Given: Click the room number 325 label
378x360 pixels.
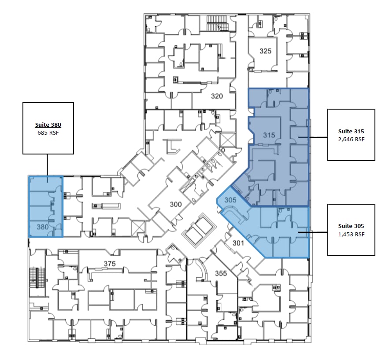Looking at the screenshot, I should [265, 51].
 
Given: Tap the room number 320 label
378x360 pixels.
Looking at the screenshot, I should [217, 96].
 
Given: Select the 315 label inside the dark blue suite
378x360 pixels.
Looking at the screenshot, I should [269, 135].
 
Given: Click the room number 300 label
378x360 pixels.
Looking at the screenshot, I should [176, 204].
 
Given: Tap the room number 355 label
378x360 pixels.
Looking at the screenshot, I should [221, 273].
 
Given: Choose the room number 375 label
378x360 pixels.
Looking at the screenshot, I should [109, 263].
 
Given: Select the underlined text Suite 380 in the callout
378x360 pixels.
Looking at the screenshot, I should [48, 125].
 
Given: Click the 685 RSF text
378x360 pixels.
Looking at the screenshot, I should [48, 132].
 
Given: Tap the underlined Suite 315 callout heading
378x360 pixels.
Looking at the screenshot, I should [351, 132].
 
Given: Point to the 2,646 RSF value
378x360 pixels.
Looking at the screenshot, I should [351, 139].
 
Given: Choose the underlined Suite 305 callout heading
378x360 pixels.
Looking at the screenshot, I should [351, 226].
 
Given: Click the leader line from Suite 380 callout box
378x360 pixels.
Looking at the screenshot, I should [47, 165].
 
